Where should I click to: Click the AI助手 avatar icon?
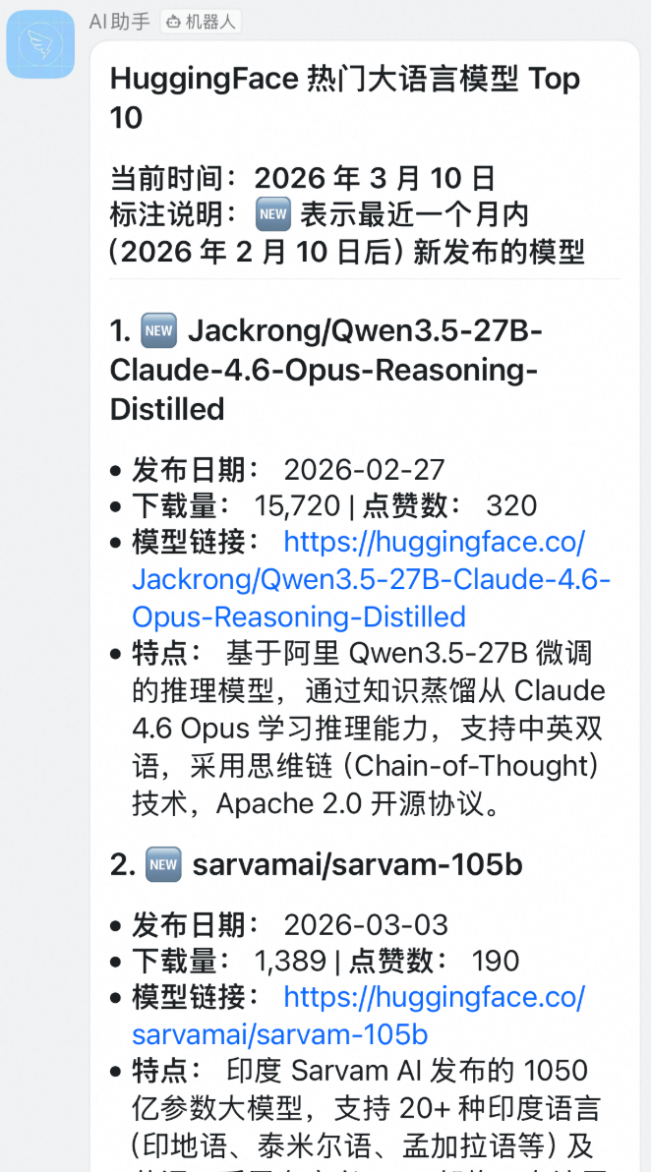tap(40, 44)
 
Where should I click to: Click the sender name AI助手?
tap(119, 21)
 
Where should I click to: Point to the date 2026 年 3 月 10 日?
tap(374, 178)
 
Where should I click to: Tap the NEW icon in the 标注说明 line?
tap(271, 214)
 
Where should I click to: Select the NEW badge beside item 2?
tap(162, 865)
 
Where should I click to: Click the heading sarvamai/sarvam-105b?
tap(357, 865)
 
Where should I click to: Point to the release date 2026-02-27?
tap(364, 469)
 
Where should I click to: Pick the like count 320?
tap(511, 505)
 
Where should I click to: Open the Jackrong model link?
tap(372, 580)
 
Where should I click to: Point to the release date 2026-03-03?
tap(366, 925)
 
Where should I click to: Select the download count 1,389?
tap(290, 962)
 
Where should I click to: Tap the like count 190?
tap(495, 962)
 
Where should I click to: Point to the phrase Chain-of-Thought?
tap(476, 767)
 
